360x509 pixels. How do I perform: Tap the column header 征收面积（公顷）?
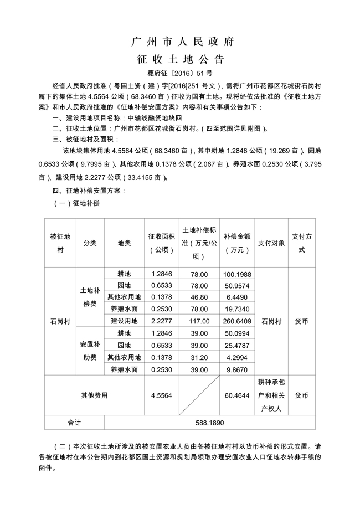tap(162, 243)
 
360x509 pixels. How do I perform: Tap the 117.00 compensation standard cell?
tap(199, 321)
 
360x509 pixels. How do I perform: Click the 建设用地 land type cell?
tap(124, 321)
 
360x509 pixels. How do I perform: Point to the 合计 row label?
tap(74, 421)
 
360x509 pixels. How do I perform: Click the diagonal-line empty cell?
tap(199, 395)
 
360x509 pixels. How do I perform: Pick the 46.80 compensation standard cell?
tap(199, 297)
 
